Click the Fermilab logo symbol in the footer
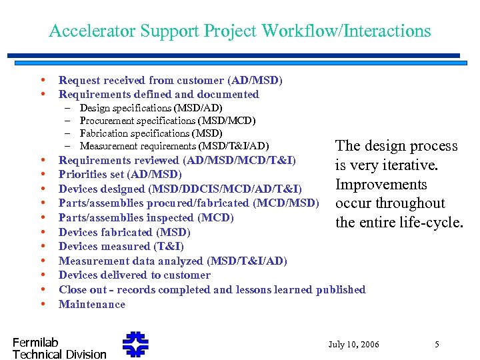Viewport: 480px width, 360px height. [136, 345]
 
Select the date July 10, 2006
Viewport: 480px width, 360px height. [353, 345]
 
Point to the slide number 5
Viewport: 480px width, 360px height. [437, 345]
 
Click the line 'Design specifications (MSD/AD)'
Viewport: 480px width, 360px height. [151, 108]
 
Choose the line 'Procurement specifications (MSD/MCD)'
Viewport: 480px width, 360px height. [167, 121]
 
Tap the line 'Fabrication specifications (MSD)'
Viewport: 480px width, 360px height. [151, 133]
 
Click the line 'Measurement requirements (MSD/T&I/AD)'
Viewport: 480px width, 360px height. [174, 146]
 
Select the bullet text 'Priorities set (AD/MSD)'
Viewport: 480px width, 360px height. [120, 175]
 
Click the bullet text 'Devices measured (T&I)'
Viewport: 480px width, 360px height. [121, 247]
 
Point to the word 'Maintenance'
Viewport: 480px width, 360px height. [92, 305]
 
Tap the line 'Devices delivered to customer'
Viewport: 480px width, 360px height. [134, 275]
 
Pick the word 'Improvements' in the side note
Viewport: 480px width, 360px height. [381, 185]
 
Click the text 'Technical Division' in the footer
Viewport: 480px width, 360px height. [59, 354]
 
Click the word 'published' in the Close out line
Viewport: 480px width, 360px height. [341, 290]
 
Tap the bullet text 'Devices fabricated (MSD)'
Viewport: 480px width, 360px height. [125, 233]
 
